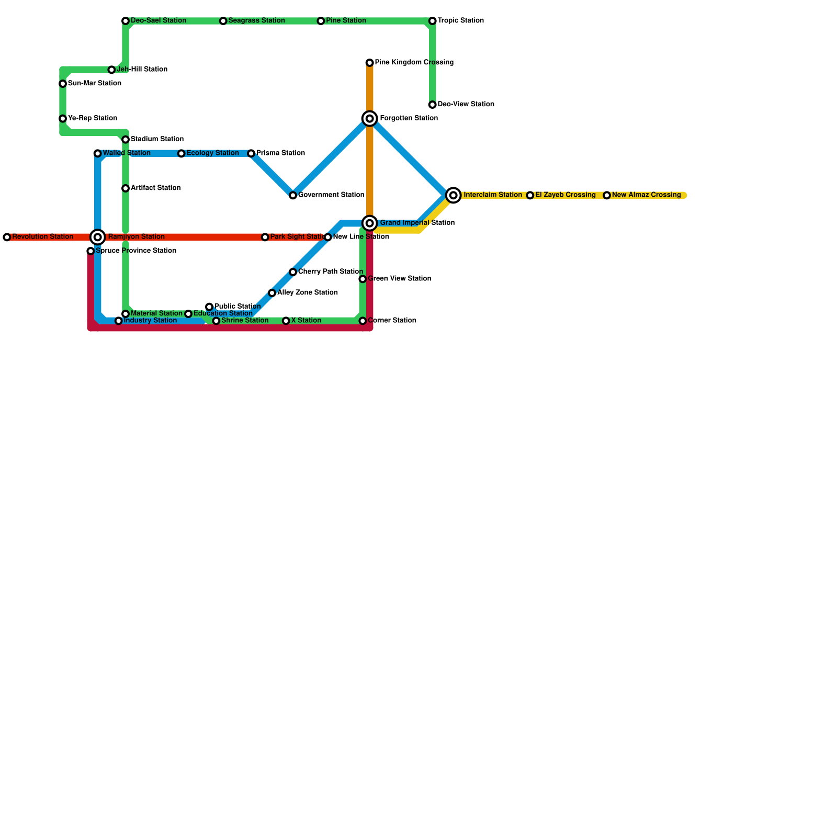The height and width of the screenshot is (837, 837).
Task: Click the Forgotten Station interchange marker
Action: click(x=370, y=119)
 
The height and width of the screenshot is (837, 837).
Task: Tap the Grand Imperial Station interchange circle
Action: click(x=370, y=223)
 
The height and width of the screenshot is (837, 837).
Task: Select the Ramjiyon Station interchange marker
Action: click(x=98, y=237)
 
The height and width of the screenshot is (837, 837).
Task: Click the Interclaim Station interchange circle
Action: click(x=454, y=195)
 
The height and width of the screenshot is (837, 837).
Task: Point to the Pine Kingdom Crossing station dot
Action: click(x=370, y=63)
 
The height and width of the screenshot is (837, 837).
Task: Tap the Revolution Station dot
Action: click(x=7, y=237)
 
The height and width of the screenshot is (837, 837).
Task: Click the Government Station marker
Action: click(x=293, y=195)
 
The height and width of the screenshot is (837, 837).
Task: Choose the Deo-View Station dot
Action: click(x=433, y=105)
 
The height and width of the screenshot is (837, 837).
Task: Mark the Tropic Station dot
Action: click(x=433, y=21)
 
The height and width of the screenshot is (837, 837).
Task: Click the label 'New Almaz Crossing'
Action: click(x=646, y=195)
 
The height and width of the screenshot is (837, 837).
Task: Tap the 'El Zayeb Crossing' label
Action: click(x=565, y=195)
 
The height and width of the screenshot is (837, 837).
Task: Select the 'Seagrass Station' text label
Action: click(x=256, y=21)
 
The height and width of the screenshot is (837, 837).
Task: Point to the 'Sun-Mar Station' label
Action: click(x=94, y=84)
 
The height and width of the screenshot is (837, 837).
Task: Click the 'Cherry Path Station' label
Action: click(x=330, y=272)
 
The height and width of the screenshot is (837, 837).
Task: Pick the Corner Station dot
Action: click(x=363, y=321)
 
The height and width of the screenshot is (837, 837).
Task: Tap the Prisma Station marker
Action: click(x=251, y=153)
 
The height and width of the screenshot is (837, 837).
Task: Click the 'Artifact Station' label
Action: click(x=155, y=188)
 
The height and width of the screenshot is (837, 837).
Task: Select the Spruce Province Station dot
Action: click(x=91, y=251)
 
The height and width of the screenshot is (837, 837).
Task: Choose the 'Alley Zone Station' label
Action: click(x=307, y=293)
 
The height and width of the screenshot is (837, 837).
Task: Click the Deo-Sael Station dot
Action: click(x=126, y=21)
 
